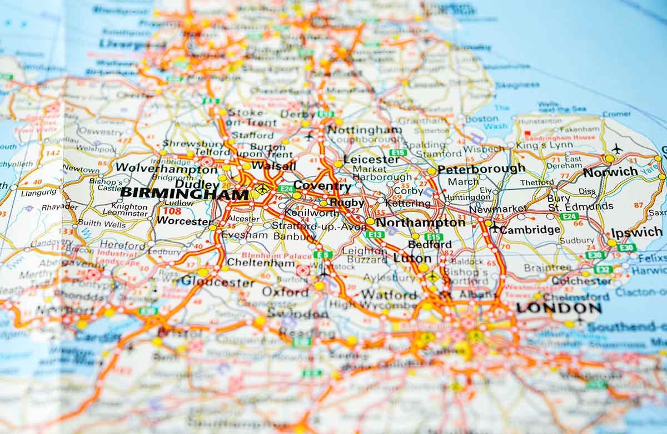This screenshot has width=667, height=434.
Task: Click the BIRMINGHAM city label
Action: pyautogui.click(x=185, y=194)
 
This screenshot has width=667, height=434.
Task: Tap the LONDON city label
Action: pyautogui.click(x=558, y=308)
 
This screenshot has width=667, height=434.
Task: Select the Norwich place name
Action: pyautogui.click(x=610, y=172)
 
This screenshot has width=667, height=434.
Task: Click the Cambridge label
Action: pyautogui.click(x=530, y=229)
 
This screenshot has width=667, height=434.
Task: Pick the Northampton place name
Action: pyautogui.click(x=421, y=223)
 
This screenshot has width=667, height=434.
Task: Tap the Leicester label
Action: pyautogui.click(x=371, y=160)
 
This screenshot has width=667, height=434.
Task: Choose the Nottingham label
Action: pyautogui.click(x=364, y=130)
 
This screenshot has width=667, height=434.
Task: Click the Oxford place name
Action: pyautogui.click(x=285, y=292)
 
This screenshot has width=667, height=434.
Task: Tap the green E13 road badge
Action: pyautogui.click(x=375, y=234)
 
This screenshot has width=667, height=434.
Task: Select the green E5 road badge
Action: pyautogui.click(x=322, y=254)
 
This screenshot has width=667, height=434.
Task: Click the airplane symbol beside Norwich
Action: pyautogui.click(x=616, y=149)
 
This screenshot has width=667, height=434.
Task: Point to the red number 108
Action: pyautogui.click(x=172, y=211)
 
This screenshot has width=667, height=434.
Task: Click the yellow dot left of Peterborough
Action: pyautogui.click(x=431, y=171)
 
